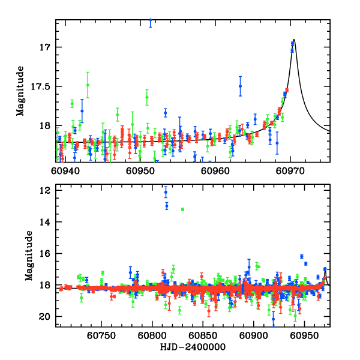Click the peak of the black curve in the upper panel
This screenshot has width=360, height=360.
[x=294, y=40]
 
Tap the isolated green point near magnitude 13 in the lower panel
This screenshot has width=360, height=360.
[x=182, y=209]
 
